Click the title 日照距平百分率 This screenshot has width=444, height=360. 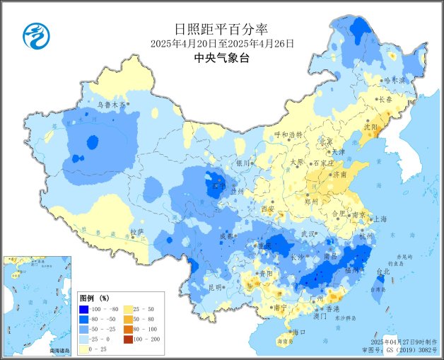221,29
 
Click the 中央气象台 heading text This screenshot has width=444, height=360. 221,59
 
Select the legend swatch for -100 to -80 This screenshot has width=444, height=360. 86,309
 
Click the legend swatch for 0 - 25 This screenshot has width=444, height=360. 86,349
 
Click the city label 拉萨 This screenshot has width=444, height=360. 137,231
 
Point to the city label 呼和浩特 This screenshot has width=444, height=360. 288,134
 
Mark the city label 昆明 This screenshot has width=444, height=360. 215,287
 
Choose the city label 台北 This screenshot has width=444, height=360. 382,271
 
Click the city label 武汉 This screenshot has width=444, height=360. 308,233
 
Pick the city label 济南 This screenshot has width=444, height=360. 339,174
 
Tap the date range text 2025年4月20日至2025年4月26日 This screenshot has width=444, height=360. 221,44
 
